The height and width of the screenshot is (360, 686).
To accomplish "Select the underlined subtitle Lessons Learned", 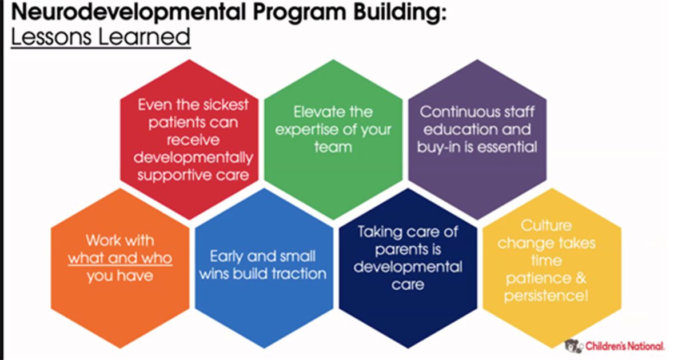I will (101, 37).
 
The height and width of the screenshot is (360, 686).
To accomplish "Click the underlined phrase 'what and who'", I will (120, 258).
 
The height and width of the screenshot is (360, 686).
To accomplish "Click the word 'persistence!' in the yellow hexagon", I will (546, 296).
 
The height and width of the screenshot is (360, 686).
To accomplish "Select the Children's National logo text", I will (624, 346).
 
